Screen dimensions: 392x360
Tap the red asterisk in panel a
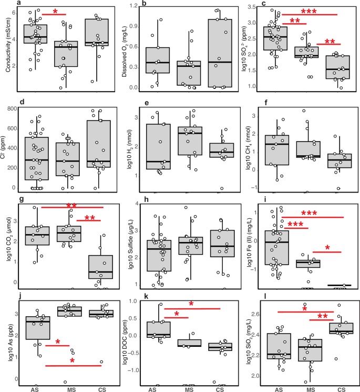coord(56,11)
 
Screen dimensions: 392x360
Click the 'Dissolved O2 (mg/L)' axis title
coord(127,46)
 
